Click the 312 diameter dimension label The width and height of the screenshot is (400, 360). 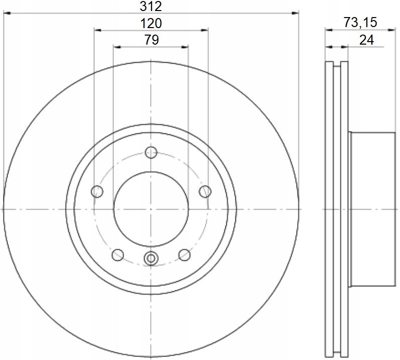[x=151, y=6]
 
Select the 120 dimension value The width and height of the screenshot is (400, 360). [x=151, y=23]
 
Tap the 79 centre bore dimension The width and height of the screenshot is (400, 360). [x=152, y=40]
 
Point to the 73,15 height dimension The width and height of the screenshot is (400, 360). [x=360, y=22]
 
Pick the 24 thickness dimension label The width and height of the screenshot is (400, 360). [x=366, y=40]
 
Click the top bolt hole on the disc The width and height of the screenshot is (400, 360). [x=151, y=152]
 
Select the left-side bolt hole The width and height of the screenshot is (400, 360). [x=97, y=192]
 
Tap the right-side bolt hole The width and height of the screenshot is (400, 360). [x=205, y=192]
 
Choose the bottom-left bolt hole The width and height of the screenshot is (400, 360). [x=118, y=255]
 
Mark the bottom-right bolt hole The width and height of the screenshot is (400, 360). [x=184, y=255]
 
